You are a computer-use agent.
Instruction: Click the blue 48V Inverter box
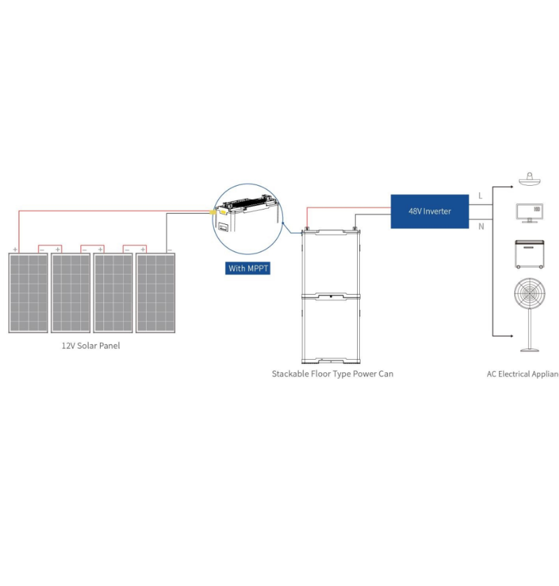click(x=429, y=211)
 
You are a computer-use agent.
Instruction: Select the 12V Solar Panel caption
click(x=90, y=346)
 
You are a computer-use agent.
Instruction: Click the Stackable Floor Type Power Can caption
click(x=332, y=374)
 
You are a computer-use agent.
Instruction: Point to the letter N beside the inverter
click(x=480, y=226)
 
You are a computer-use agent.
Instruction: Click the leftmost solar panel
click(x=28, y=293)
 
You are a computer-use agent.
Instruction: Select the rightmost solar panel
click(x=155, y=293)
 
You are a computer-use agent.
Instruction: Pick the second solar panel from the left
click(x=71, y=293)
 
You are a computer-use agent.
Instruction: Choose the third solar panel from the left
click(x=113, y=293)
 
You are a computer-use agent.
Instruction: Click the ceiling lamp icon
click(x=529, y=180)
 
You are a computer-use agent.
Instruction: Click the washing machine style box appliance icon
click(x=529, y=254)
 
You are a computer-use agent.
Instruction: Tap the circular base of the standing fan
click(x=529, y=350)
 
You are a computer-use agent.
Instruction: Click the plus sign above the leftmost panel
click(x=15, y=248)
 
